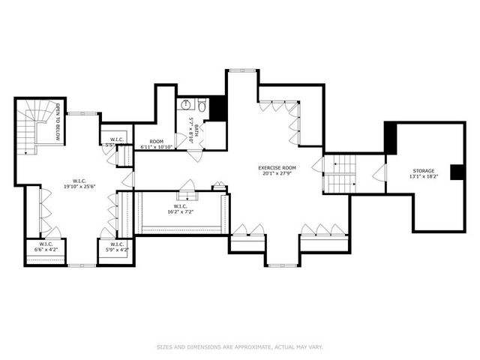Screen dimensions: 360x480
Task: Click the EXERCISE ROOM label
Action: pyautogui.click(x=277, y=168)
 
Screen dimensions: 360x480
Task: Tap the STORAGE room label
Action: pyautogui.click(x=422, y=171)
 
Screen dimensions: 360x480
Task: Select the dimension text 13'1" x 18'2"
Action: pyautogui.click(x=422, y=178)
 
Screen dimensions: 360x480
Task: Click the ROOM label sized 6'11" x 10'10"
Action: pyautogui.click(x=156, y=141)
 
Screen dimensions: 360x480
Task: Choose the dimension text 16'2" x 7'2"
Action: pyautogui.click(x=180, y=211)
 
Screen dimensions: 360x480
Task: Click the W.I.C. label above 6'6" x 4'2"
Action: pyautogui.click(x=46, y=244)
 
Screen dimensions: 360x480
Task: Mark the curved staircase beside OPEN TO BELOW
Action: pyautogui.click(x=30, y=127)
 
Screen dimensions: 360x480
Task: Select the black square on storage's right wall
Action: pyautogui.click(x=457, y=172)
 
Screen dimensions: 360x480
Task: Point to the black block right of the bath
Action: pyautogui.click(x=218, y=109)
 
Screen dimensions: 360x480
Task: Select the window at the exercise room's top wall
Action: pyautogui.click(x=241, y=70)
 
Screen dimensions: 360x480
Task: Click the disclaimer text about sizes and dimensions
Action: pyautogui.click(x=239, y=346)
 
